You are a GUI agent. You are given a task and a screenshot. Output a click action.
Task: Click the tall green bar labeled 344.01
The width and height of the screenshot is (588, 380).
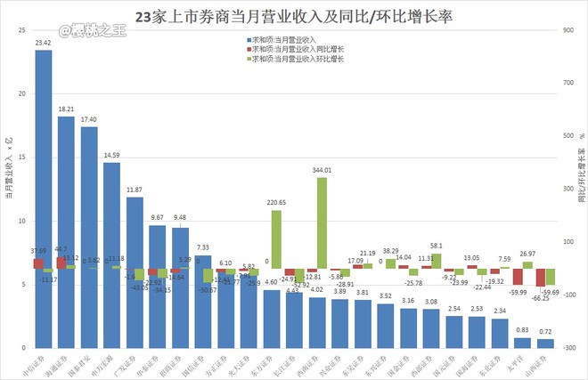(322, 222)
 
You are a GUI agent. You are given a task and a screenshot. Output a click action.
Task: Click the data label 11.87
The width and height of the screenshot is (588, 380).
(135, 190)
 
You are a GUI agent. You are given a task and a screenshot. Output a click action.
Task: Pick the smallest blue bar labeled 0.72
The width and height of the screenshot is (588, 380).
(545, 344)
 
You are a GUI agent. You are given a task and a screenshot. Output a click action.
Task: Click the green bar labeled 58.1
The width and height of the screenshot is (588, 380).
(436, 261)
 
